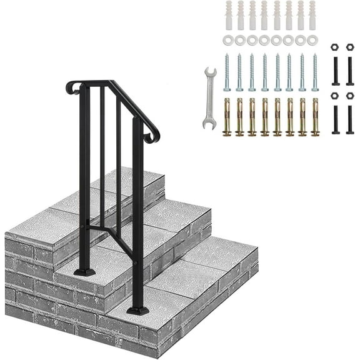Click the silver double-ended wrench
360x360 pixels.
coord(209,98)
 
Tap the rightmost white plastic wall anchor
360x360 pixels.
coord(312,14)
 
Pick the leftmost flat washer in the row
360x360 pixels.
coord(226,40)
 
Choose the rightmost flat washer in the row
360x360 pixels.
coord(312,40)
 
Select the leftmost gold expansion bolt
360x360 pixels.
coord(226,116)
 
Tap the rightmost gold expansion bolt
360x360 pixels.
coord(314,116)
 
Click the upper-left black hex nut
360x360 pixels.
coord(334,47)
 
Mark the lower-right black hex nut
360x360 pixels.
coord(349,96)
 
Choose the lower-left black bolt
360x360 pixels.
coord(334,117)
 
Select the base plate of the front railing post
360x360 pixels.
coord(138,310)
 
